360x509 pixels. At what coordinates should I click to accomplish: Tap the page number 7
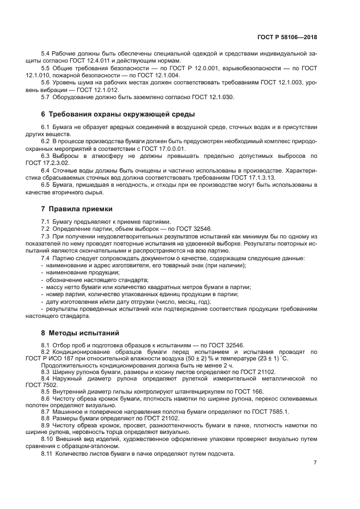coord(315,462)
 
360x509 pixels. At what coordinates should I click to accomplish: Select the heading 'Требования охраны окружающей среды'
coord(121,114)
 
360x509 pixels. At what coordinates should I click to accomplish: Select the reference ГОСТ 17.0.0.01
coord(164,148)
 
